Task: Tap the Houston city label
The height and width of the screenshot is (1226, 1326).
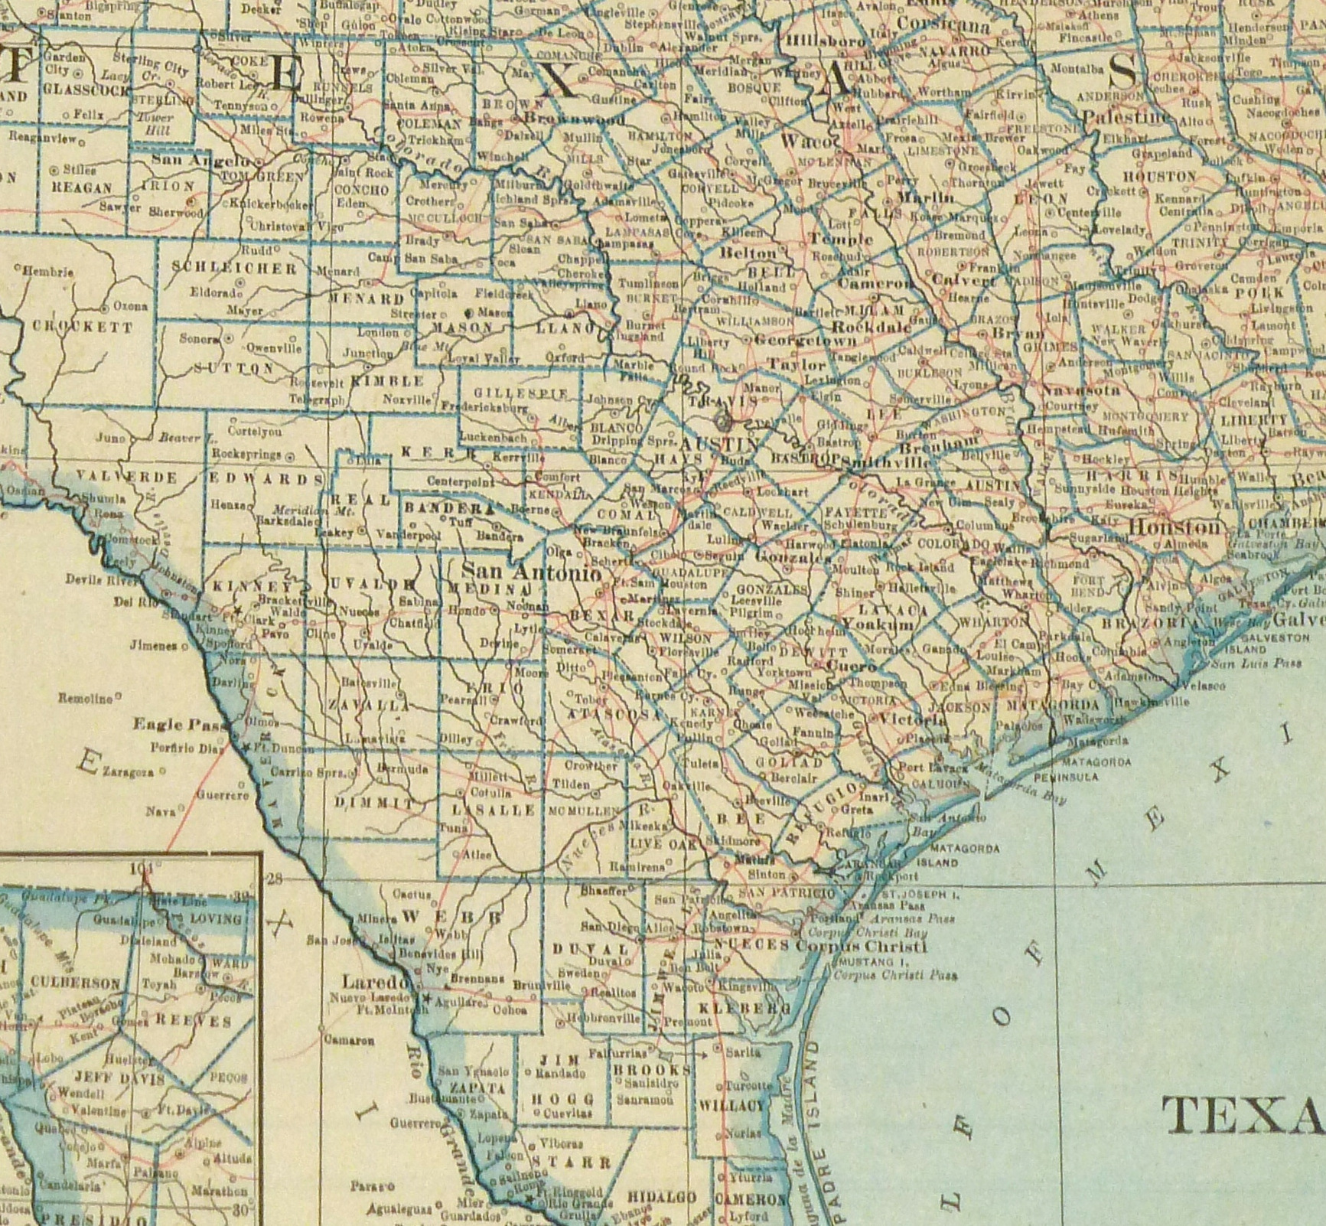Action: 1175,527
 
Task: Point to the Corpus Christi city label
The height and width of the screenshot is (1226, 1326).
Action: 861,947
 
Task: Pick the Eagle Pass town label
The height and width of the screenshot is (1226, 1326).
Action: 169,724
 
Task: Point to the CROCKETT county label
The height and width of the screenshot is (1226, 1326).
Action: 83,327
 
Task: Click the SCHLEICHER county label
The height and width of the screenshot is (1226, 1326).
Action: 233,268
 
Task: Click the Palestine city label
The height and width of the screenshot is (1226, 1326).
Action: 1128,117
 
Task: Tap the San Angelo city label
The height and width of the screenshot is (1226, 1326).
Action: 201,161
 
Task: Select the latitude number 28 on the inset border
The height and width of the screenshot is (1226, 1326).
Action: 274,879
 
